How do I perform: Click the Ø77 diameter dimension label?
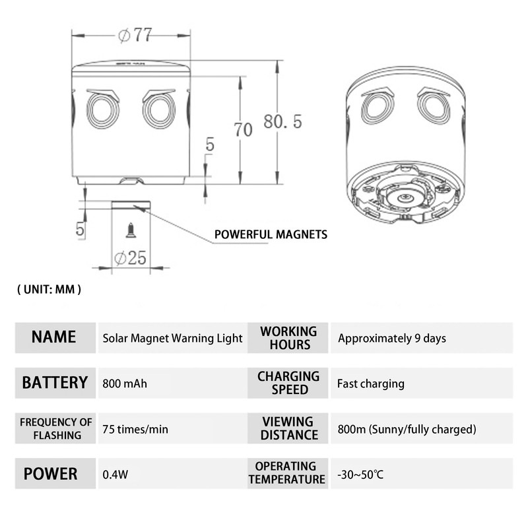136,36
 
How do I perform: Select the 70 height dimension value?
242,130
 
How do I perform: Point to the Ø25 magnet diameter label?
130,258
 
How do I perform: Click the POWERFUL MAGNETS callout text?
271,234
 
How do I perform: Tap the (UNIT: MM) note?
49,289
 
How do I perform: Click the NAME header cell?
54,337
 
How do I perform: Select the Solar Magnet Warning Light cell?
172,338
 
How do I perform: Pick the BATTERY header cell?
55,383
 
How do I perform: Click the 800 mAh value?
125,383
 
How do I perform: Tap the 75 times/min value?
135,429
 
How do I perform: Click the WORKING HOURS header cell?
288,337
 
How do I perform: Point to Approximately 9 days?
392,338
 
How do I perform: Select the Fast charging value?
370,383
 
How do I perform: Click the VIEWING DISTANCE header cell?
288,428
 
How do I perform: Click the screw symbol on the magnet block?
130,230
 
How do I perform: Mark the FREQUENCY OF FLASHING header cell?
55,428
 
